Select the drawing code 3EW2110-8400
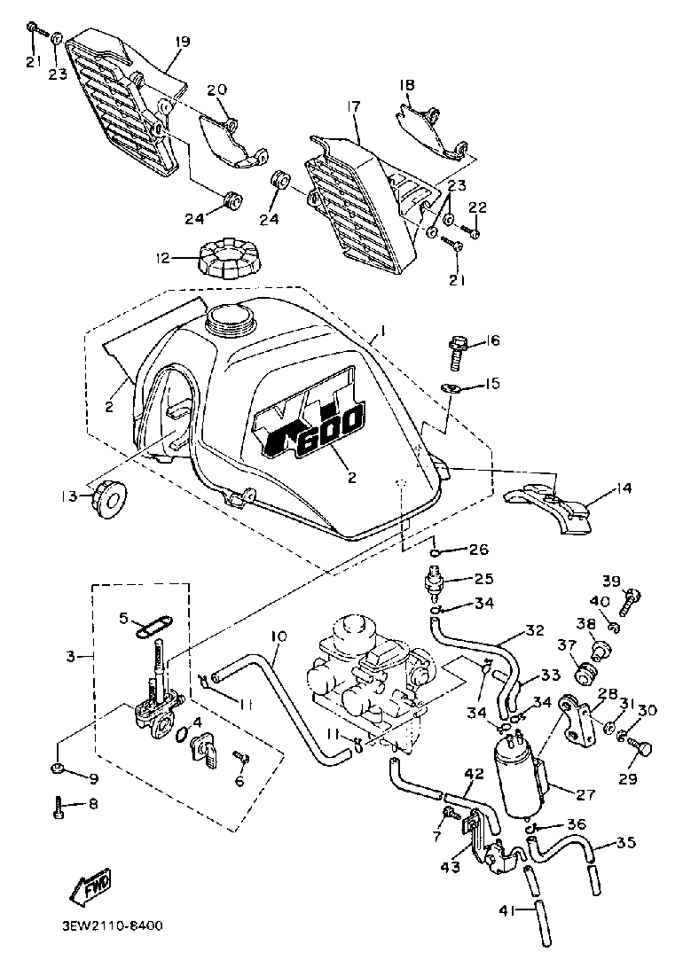(114, 925)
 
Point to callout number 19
(183, 42)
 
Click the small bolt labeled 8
(58, 807)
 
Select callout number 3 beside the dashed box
(72, 657)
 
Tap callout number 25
(484, 581)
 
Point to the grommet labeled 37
(584, 671)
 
